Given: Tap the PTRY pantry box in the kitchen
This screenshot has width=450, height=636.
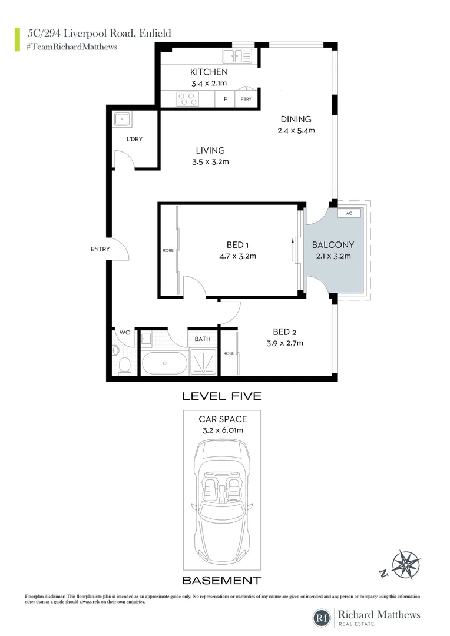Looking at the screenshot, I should pos(246,99).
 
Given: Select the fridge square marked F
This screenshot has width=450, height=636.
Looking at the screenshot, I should pos(225,99).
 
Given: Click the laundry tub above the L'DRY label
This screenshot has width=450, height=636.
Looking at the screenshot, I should pos(123,120).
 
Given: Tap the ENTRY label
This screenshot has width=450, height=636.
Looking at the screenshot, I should pos(100,249).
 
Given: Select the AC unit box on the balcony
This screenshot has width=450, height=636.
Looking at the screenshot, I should pos(349,213).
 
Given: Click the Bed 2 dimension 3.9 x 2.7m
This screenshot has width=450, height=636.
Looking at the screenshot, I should pos(284,343).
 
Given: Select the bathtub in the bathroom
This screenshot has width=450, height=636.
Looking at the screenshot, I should pos(164,363).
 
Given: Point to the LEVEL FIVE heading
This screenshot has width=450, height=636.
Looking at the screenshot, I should pos(221,396).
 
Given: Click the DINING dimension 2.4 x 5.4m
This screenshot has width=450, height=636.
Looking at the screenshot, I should pos(296,131).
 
